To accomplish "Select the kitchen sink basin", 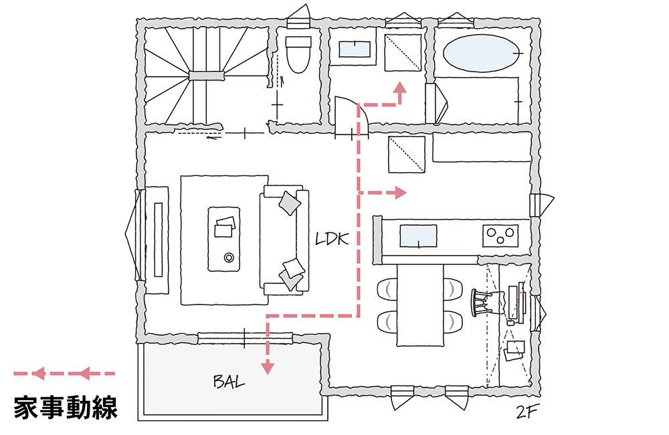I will point(418,236).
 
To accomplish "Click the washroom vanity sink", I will point(354,49).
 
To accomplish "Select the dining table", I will point(420,304).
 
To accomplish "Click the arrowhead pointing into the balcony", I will point(268,367).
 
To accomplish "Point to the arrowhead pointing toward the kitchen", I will point(401,193).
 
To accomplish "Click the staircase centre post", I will point(203,76).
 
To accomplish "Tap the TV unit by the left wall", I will point(158,240).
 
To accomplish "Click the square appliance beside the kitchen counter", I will point(406,155).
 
